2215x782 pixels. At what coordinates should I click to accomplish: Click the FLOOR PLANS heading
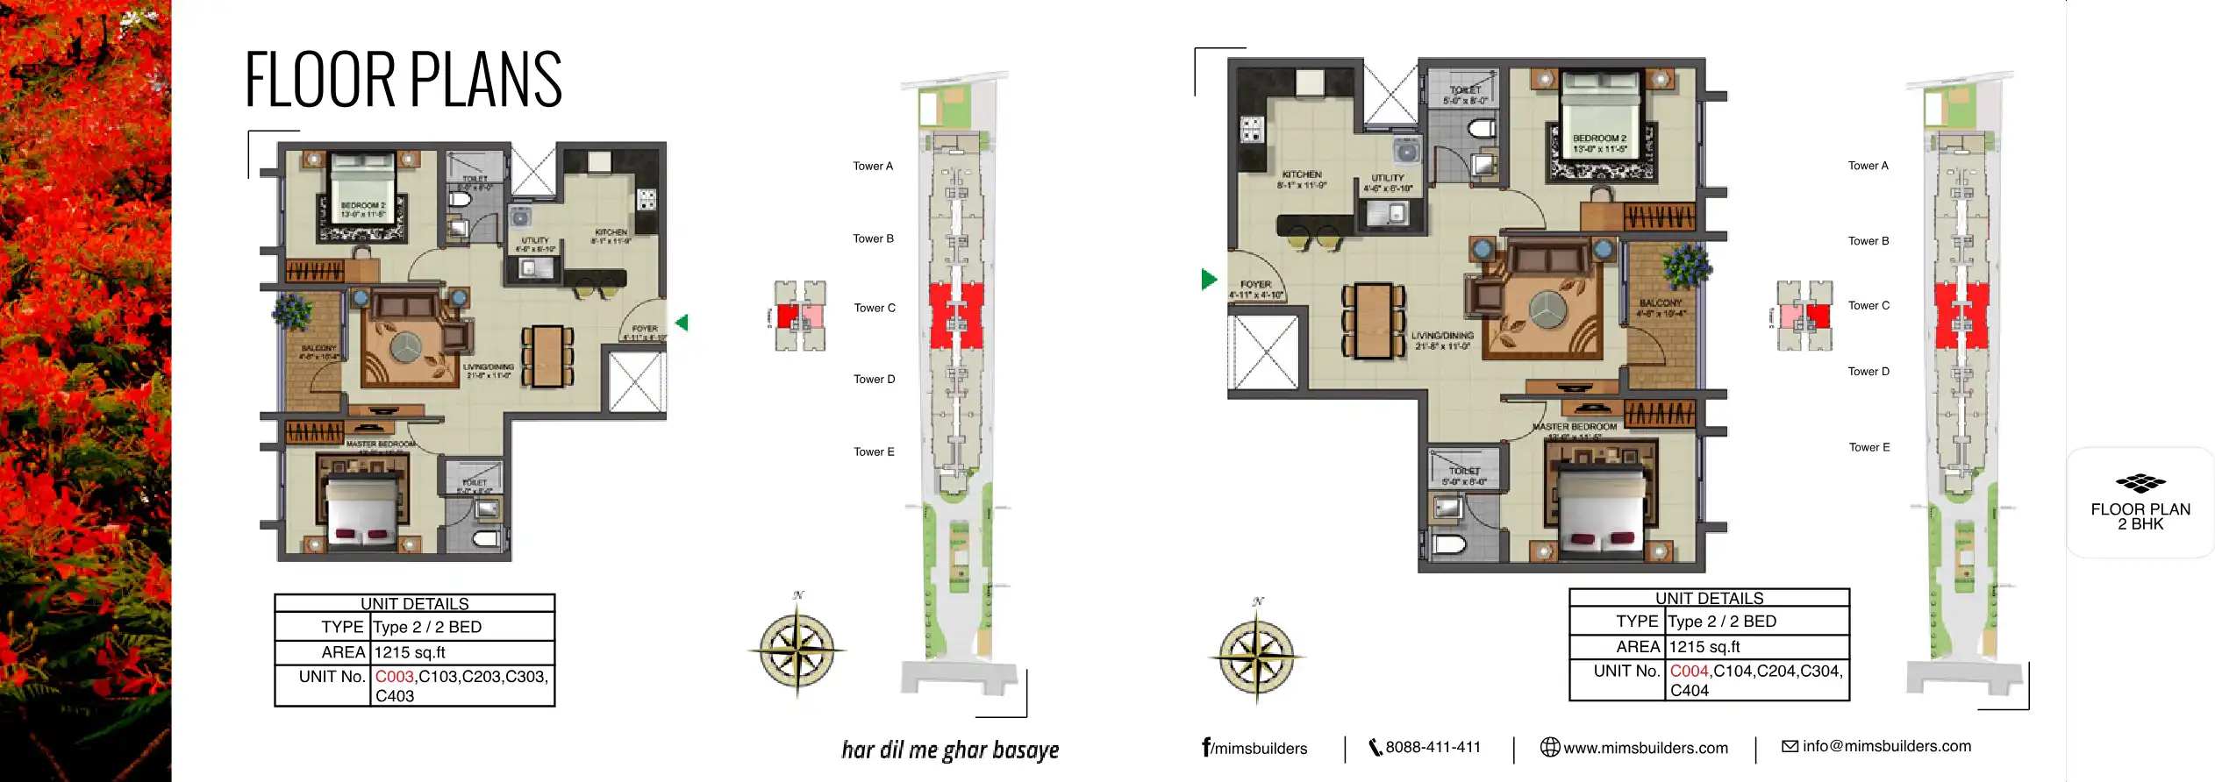tap(403, 80)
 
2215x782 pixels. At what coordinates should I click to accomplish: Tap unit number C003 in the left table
tap(395, 677)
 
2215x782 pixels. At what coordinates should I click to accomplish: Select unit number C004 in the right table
tap(1689, 672)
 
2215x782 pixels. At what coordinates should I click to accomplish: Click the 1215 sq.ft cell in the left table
tap(410, 652)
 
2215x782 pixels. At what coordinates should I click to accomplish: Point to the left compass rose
tap(797, 650)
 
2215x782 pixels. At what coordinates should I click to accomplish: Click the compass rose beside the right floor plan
tap(1256, 656)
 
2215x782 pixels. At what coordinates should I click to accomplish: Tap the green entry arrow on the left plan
tap(682, 323)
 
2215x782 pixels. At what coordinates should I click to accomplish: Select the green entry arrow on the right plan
tap(1209, 280)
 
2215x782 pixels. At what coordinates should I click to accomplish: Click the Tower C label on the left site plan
tap(874, 308)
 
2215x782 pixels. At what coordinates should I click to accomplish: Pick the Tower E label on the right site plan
tap(1868, 447)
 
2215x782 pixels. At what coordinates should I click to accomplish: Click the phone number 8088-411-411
tap(1432, 747)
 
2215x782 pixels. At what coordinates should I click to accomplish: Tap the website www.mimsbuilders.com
tap(1645, 748)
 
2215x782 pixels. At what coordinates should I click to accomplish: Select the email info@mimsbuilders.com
tap(1886, 746)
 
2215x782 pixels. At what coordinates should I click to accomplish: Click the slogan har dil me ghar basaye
tap(950, 750)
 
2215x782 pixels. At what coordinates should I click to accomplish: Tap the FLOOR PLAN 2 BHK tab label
tap(2140, 516)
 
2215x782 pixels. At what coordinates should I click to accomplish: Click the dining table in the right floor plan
tap(1373, 320)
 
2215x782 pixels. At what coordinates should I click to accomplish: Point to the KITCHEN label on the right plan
tap(1302, 174)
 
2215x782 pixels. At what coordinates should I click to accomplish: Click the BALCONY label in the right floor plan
tap(1660, 303)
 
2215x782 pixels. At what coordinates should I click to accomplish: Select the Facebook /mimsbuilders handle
tap(1254, 748)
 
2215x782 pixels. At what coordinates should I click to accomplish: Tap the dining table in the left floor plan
tap(548, 356)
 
